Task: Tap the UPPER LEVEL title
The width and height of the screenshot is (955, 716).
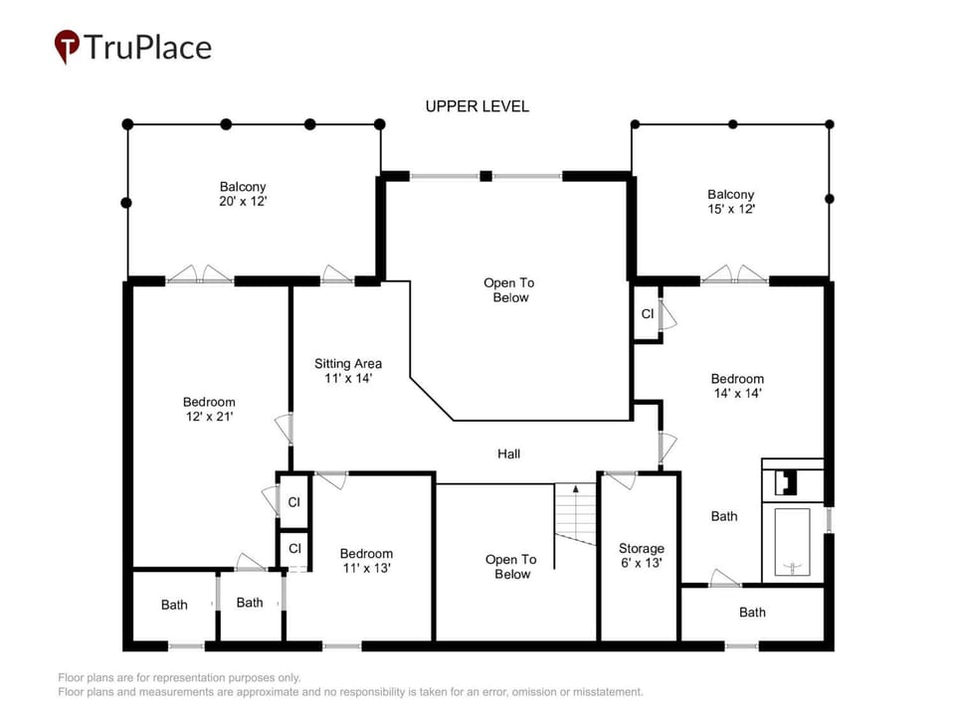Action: click(477, 106)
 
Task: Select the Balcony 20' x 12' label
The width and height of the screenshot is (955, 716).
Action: click(243, 194)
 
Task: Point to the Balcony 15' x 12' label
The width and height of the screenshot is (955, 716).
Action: click(731, 202)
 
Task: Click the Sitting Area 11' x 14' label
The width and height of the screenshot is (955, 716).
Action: click(348, 371)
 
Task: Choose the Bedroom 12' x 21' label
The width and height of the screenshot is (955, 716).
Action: click(209, 409)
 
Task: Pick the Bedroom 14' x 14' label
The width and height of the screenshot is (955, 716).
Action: click(737, 386)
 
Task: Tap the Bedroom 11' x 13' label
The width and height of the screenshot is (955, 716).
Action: click(366, 561)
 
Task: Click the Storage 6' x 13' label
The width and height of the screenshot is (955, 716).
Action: click(642, 555)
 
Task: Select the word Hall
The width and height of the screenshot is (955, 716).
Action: click(508, 453)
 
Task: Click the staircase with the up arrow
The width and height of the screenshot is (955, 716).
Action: click(575, 514)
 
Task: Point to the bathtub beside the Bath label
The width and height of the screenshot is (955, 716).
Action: click(792, 542)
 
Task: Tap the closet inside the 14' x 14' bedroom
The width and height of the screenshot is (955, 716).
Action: click(647, 313)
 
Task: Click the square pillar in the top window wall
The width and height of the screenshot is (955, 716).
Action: click(485, 176)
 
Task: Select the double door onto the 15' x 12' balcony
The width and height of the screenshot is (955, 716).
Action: click(734, 274)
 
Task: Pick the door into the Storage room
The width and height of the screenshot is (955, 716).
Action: click(621, 478)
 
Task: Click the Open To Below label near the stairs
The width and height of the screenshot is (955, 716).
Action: click(511, 567)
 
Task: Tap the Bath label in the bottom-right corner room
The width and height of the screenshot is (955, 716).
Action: click(752, 613)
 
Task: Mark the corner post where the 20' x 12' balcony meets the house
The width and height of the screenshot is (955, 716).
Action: click(380, 124)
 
